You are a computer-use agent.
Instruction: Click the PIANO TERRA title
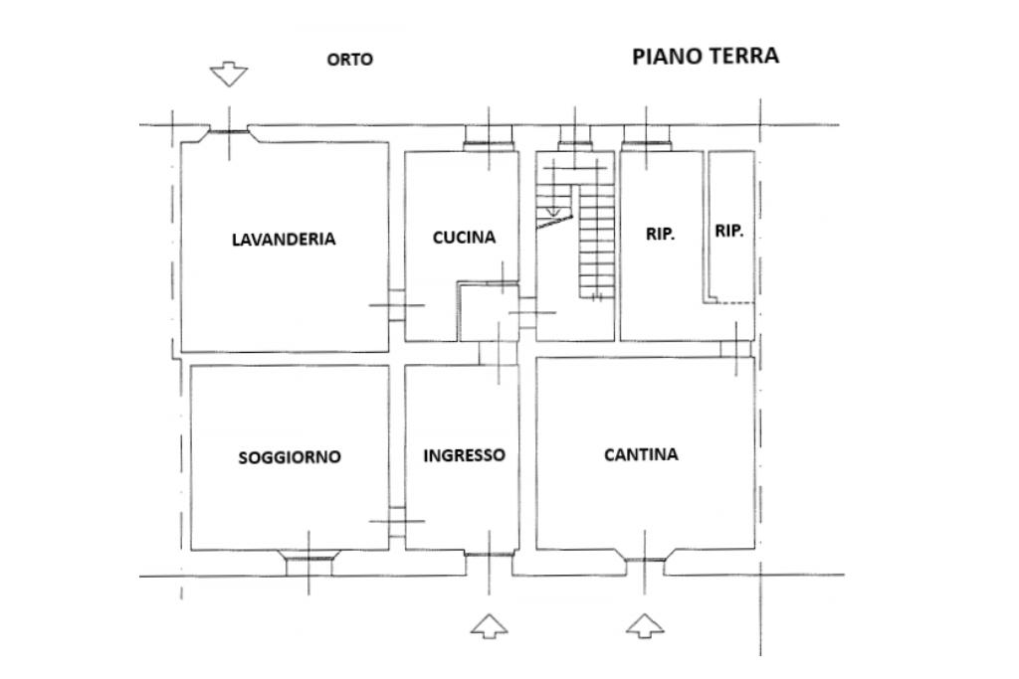(x=706, y=56)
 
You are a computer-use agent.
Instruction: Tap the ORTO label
(x=349, y=59)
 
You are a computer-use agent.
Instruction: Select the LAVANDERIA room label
(x=284, y=239)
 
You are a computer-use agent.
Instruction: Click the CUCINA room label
(x=464, y=237)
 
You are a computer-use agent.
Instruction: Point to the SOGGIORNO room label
(x=290, y=457)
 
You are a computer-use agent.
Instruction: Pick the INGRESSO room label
(x=464, y=455)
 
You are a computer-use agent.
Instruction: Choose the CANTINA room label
(x=642, y=454)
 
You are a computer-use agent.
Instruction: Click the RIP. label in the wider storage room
(x=661, y=234)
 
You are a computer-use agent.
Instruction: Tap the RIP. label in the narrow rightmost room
(x=729, y=231)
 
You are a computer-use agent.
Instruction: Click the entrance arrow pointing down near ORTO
(x=229, y=74)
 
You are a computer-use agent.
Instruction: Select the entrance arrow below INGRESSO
(x=489, y=625)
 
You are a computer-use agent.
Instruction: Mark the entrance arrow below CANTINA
(x=645, y=625)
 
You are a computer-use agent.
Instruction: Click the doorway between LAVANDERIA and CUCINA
(x=397, y=304)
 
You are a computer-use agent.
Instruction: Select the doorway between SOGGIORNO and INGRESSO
(x=397, y=521)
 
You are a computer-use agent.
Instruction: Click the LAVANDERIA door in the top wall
(x=229, y=132)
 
